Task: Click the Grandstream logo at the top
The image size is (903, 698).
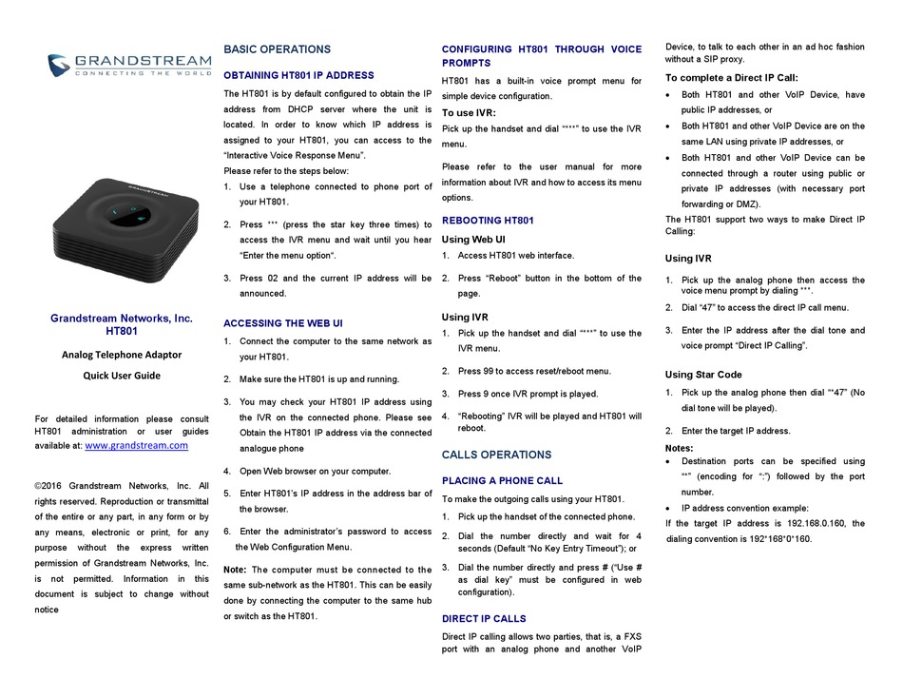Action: point(129,65)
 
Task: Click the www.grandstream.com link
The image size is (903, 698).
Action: point(136,445)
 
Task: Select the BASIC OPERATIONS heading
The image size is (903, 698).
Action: point(277,49)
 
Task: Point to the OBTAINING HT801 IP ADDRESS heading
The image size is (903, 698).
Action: point(298,75)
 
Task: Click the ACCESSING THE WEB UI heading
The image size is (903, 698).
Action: point(283,323)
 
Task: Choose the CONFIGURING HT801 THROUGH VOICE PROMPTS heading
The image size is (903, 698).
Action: point(541,57)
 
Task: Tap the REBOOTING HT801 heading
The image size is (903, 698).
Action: point(488,221)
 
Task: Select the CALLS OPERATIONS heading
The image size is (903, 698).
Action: point(496,455)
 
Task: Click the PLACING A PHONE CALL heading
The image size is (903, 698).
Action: point(502,481)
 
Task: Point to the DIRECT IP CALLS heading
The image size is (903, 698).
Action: point(484,619)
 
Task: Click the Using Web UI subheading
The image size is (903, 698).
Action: point(473,240)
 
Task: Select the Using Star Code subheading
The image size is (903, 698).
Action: point(703,375)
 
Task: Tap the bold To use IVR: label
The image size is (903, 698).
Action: point(469,113)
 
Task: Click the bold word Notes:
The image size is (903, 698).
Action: point(679,449)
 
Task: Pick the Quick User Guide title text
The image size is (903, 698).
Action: point(121,376)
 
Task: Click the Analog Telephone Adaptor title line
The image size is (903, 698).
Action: point(121,355)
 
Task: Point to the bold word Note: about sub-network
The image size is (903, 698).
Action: point(235,570)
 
